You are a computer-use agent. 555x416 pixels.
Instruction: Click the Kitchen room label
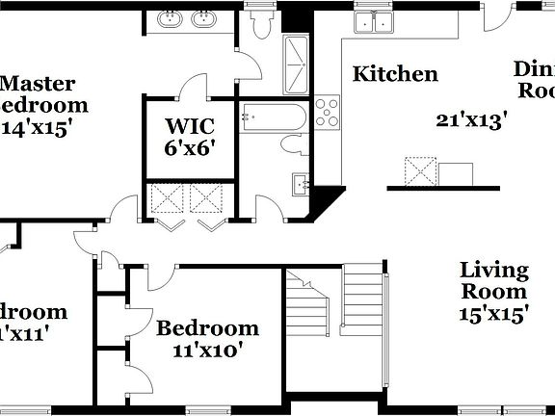tap(395, 73)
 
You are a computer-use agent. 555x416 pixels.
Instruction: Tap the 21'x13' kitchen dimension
tap(471, 119)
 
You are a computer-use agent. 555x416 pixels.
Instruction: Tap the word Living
tap(492, 271)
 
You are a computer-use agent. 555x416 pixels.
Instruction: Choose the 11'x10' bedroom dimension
tap(208, 351)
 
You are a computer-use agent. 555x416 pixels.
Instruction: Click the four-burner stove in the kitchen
tap(329, 113)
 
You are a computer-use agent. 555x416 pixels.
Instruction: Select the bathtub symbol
tap(273, 117)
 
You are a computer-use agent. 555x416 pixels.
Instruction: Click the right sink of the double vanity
tap(203, 19)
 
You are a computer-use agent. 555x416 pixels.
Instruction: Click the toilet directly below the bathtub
tap(293, 145)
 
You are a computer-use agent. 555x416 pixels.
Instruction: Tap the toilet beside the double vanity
tap(257, 25)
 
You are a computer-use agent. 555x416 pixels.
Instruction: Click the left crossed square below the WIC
tap(162, 199)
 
